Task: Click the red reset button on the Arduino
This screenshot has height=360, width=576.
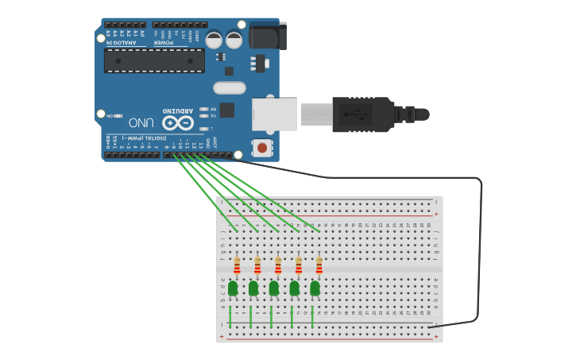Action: coord(261,147)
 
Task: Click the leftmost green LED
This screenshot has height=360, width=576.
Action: coord(233,288)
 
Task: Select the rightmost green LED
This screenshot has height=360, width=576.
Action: coord(315,288)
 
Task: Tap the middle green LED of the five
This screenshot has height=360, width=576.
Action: coord(274,288)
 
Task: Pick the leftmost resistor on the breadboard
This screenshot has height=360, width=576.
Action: coord(237,265)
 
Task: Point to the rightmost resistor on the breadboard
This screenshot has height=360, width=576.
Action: coord(319,265)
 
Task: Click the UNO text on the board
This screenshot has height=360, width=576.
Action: coord(141,122)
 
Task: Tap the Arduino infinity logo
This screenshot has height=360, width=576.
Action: coord(178,122)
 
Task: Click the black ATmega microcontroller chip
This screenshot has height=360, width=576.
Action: coord(154,60)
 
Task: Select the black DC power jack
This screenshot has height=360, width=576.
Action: coord(267,36)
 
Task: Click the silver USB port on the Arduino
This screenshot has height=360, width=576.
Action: coord(274,114)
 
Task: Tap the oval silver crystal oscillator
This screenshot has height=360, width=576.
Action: coord(230,87)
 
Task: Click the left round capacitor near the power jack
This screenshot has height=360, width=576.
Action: coord(215,40)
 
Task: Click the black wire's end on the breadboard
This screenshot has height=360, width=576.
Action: coord(429,327)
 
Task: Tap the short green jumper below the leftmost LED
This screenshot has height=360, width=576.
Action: coord(230,317)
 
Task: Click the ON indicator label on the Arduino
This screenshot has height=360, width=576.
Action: coord(109,115)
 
